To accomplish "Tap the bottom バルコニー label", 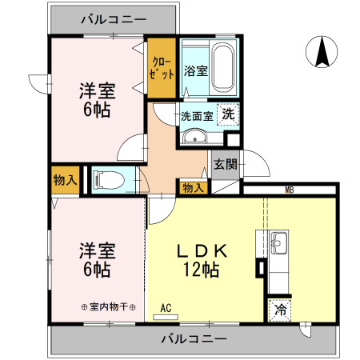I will (193, 338).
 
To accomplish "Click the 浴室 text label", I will (195, 70).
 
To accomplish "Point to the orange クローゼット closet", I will (162, 69).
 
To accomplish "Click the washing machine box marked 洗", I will (229, 114).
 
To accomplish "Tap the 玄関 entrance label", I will (225, 165).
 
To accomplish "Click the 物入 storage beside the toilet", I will (65, 180).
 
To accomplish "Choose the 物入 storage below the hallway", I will (193, 187).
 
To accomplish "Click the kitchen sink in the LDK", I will (278, 241).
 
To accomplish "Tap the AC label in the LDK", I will (166, 307).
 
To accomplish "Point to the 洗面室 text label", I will (196, 115).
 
